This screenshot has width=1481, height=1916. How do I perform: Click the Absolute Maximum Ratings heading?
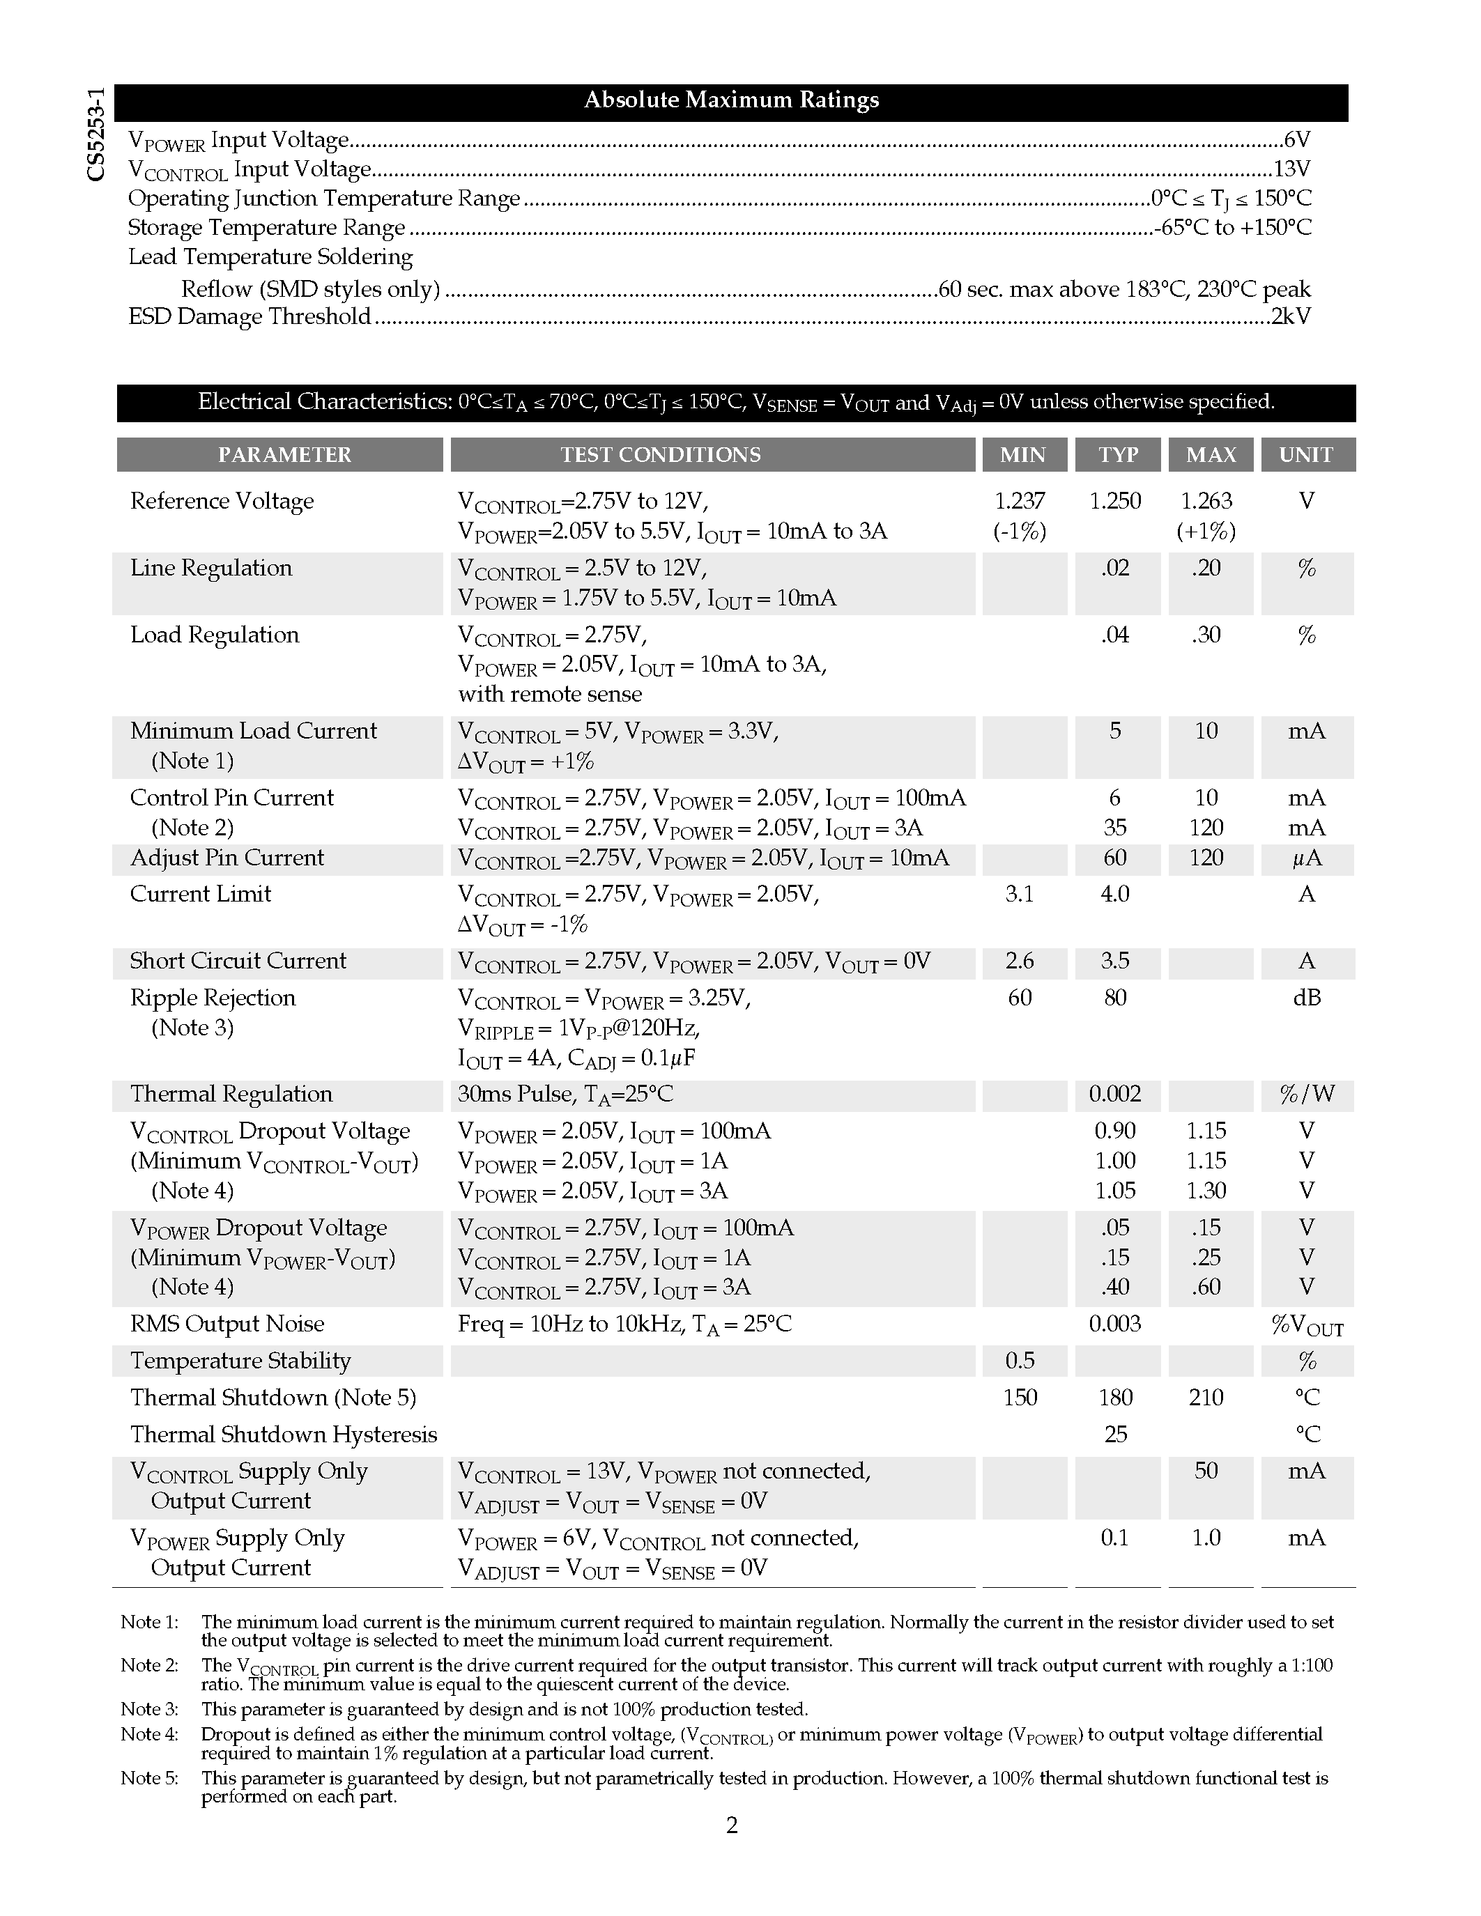[x=731, y=100]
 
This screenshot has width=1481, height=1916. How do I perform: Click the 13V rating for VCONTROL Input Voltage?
[x=1291, y=169]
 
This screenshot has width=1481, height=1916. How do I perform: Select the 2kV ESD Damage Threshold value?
[x=1291, y=316]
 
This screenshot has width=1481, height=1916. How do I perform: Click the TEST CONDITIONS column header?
[x=660, y=454]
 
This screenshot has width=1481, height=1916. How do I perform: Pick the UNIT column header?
[x=1305, y=454]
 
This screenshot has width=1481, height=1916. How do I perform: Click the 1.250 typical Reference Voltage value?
[x=1115, y=501]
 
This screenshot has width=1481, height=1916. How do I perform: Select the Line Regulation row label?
[x=211, y=568]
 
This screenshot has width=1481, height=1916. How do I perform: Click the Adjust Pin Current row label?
[x=227, y=857]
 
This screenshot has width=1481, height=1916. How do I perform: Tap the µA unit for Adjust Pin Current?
[x=1306, y=858]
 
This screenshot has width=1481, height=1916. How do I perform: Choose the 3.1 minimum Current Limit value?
[x=1020, y=894]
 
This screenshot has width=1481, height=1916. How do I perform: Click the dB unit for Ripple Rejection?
[x=1306, y=998]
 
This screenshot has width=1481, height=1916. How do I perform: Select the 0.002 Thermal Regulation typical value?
[x=1115, y=1094]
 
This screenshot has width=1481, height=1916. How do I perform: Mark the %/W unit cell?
[x=1306, y=1094]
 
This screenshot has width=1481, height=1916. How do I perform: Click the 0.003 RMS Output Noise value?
[x=1115, y=1324]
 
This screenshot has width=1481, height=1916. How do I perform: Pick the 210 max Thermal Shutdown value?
[x=1206, y=1398]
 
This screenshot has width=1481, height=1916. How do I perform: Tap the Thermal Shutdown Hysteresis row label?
[x=284, y=1435]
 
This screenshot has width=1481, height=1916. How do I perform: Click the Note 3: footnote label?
[x=149, y=1709]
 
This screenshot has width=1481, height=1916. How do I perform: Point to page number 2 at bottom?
[x=732, y=1825]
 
